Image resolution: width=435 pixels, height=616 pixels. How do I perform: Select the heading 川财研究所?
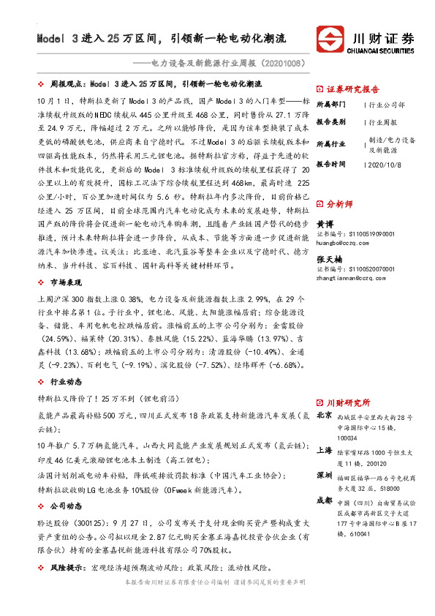coord(347,403)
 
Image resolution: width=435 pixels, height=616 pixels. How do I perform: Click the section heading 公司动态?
coord(66,506)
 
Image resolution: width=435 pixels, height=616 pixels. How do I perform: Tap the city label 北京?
coord(324,416)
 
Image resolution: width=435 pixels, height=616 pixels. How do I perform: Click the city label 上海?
coord(324,451)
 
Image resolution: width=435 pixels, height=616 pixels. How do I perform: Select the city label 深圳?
coord(324,476)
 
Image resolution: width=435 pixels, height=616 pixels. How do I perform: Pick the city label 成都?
coord(324,502)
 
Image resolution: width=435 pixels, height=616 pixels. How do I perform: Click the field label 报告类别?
coord(331,122)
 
